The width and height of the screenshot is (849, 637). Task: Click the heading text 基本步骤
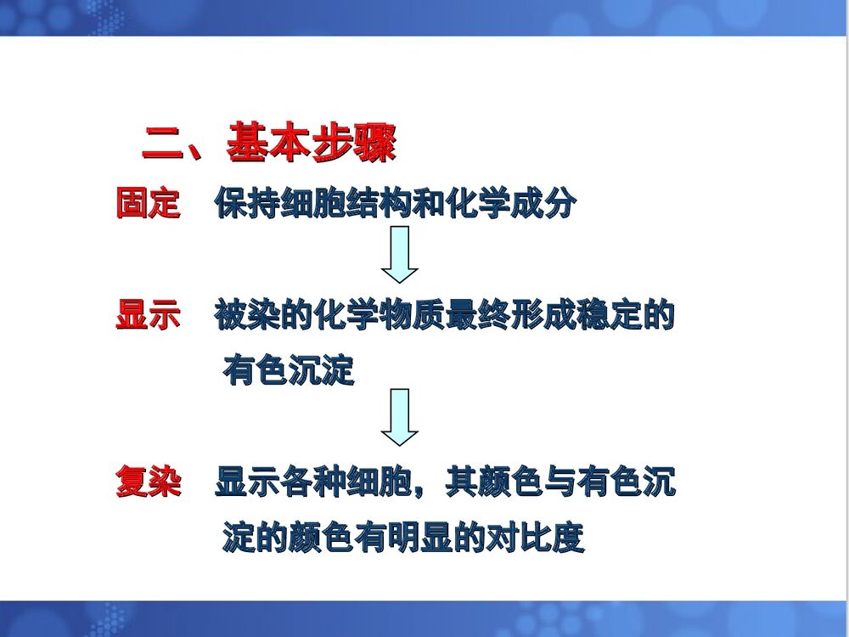coord(311,144)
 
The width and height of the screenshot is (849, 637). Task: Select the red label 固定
coord(148,204)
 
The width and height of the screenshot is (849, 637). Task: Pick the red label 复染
coord(148,482)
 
